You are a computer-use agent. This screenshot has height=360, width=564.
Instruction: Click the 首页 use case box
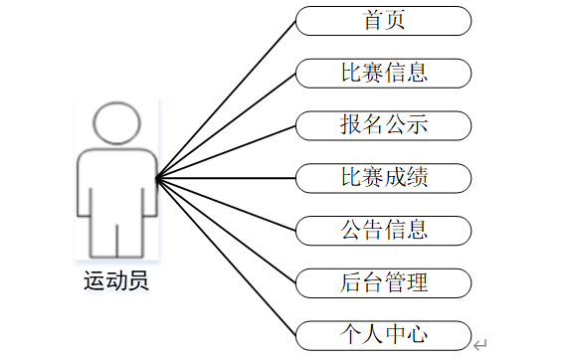pos(383,21)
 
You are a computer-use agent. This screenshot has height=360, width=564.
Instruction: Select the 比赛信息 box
pos(383,74)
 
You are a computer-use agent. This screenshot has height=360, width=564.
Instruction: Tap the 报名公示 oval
pos(383,126)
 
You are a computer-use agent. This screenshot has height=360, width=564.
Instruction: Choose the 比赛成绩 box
pos(383,178)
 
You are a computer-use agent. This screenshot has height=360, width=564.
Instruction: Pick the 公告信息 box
pos(383,231)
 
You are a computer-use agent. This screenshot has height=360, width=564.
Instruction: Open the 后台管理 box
pos(383,283)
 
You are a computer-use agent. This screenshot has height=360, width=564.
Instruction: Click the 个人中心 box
pos(383,336)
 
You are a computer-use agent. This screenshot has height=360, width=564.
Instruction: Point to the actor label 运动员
pos(116,280)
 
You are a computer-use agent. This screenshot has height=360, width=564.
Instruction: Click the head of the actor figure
pos(116,123)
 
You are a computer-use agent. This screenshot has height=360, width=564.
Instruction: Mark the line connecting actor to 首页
pos(226,99)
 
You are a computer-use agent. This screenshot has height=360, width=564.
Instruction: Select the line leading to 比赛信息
pos(226,126)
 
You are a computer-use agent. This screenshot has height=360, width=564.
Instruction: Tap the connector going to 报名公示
pos(226,152)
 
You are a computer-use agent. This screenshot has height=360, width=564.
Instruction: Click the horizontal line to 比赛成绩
pos(226,178)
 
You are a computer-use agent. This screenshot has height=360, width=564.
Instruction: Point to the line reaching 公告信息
pos(226,204)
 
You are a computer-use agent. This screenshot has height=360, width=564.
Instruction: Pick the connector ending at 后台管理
pos(226,231)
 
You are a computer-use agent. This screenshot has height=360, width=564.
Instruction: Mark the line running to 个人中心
pos(226,257)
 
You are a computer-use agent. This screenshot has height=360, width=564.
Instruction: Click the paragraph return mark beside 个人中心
pos(480,345)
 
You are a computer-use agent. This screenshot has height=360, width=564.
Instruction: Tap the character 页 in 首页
pos(395,20)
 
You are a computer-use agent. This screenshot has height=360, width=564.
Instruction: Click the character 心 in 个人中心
pos(417,334)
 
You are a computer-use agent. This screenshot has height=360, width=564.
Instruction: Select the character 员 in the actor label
pos(137,280)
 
